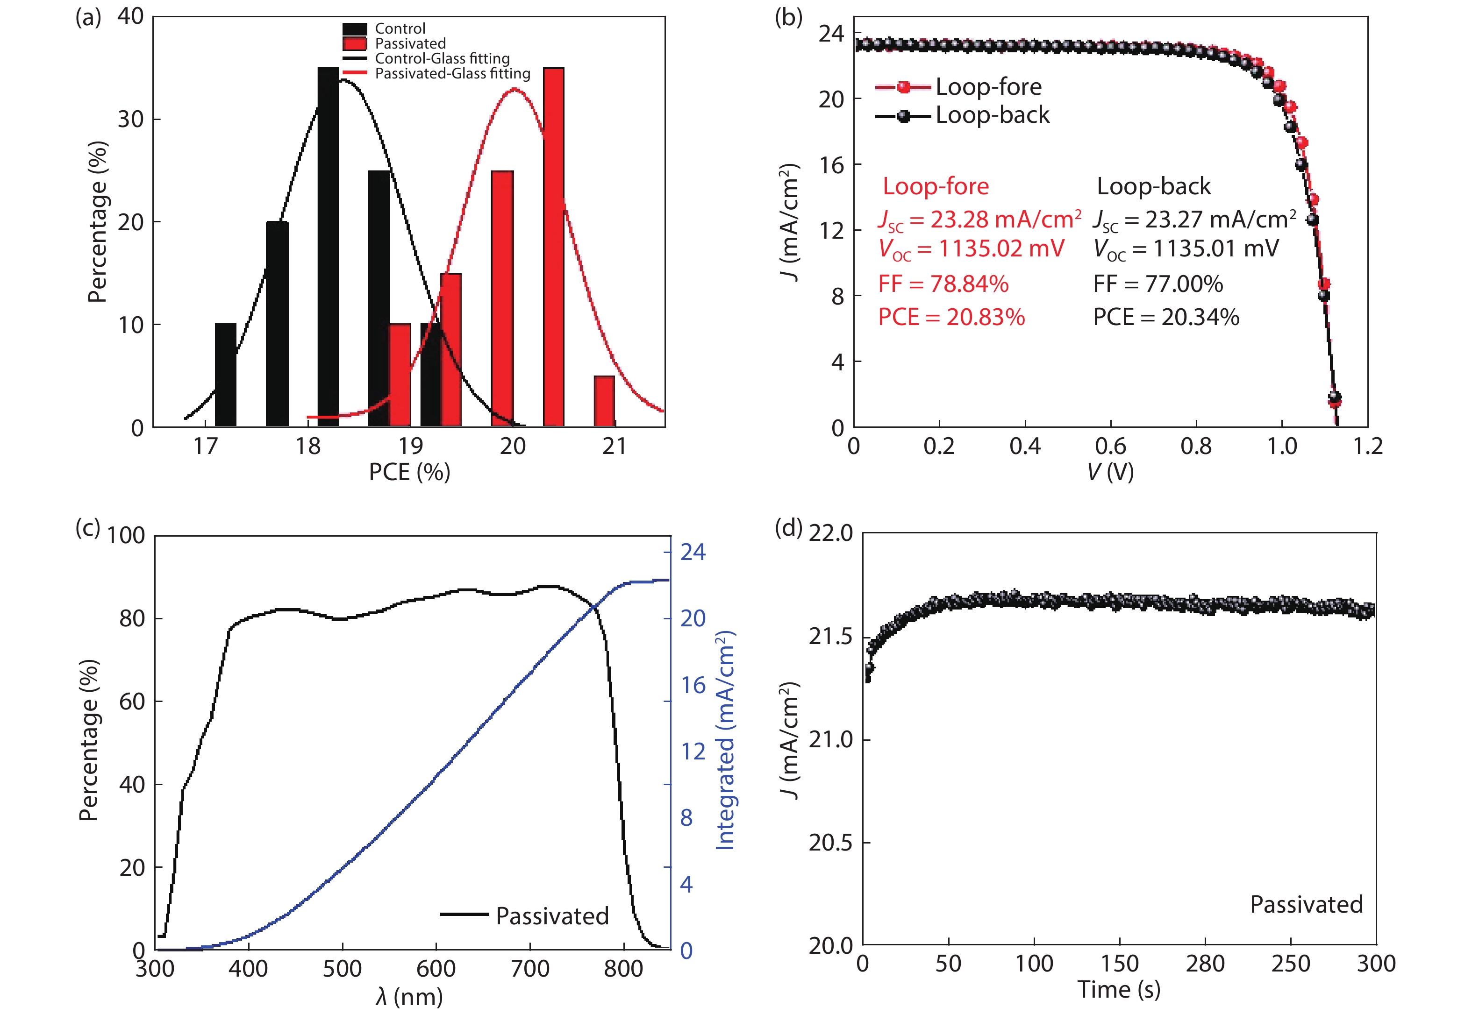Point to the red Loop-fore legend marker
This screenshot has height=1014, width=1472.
pyautogui.click(x=903, y=87)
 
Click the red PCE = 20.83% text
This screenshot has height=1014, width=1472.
pyautogui.click(x=951, y=317)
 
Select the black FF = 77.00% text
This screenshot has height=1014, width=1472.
pyautogui.click(x=1158, y=284)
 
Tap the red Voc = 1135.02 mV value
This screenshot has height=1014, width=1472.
pyautogui.click(x=971, y=249)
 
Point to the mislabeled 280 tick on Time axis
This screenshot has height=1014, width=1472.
pyautogui.click(x=1205, y=964)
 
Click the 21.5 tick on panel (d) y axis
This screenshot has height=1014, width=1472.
pyautogui.click(x=830, y=637)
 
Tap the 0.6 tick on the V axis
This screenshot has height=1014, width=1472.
pyautogui.click(x=1110, y=447)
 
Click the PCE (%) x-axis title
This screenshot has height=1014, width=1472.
pyautogui.click(x=409, y=472)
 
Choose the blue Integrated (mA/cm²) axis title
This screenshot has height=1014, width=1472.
pyautogui.click(x=725, y=740)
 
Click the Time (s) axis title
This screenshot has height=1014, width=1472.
pyautogui.click(x=1119, y=989)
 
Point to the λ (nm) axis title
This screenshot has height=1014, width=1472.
pyautogui.click(x=409, y=997)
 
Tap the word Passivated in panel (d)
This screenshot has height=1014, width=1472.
pyautogui.click(x=1306, y=905)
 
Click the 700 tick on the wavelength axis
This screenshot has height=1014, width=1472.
pyautogui.click(x=530, y=969)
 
